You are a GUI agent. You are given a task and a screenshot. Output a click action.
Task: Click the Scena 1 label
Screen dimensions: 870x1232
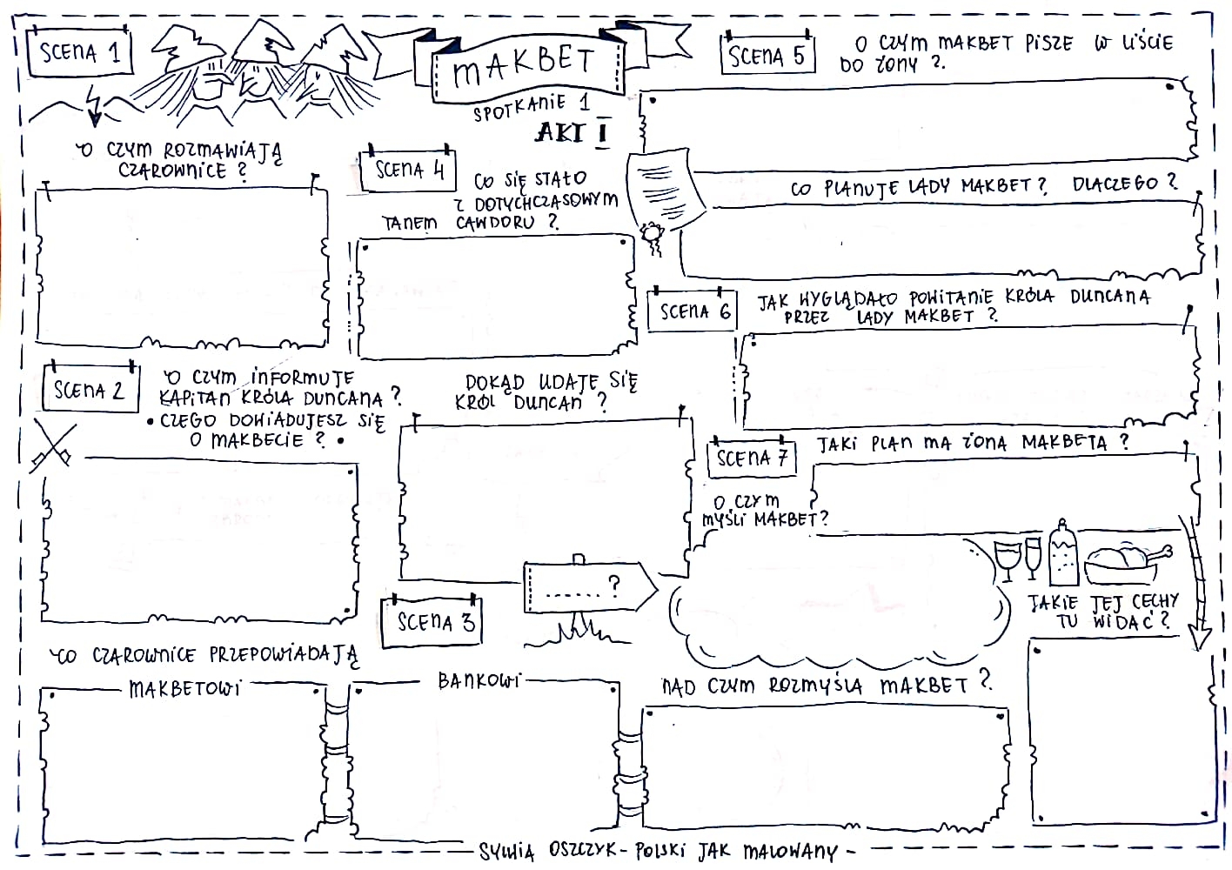click(x=80, y=51)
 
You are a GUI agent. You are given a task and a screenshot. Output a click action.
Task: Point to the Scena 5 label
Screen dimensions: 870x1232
click(x=767, y=56)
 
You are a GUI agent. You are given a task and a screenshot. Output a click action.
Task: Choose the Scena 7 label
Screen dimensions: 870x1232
click(x=751, y=458)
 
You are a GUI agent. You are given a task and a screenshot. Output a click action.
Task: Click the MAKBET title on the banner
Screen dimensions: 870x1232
click(x=526, y=64)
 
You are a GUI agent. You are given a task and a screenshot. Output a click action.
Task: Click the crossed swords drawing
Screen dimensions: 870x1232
click(x=51, y=445)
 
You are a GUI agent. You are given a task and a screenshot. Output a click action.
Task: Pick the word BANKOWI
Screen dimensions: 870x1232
click(x=478, y=680)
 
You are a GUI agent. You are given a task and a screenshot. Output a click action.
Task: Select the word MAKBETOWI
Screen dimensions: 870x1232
click(x=184, y=690)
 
